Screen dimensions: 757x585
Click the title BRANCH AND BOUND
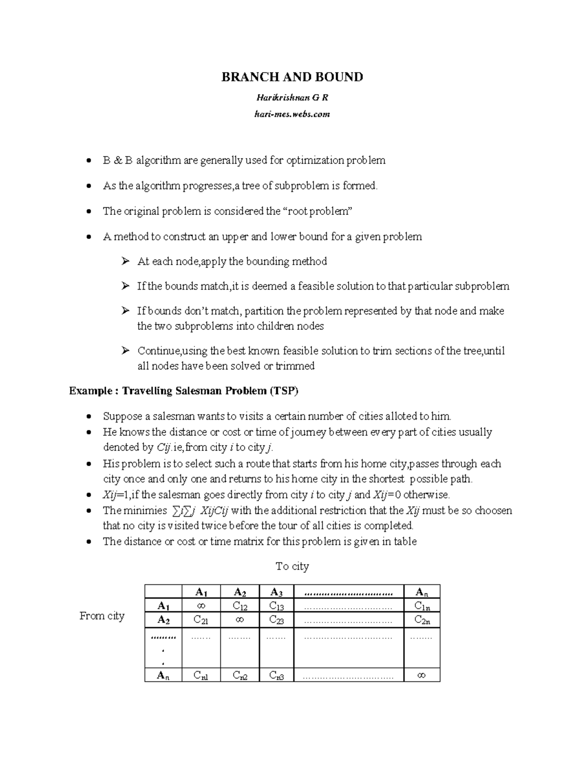(292, 77)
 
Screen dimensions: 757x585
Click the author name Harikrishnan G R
(292, 97)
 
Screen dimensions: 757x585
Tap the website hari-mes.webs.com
(292, 114)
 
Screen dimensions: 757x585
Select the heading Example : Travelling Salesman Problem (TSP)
(183, 391)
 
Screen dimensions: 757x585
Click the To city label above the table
(292, 566)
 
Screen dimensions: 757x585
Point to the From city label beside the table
(102, 616)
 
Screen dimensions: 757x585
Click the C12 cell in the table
(240, 606)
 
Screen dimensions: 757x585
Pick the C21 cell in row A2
(201, 620)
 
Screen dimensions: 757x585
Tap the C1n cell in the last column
(422, 606)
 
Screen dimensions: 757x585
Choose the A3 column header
(276, 592)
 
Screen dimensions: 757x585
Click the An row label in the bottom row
(163, 676)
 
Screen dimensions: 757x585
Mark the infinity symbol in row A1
(201, 606)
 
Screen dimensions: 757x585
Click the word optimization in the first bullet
(315, 161)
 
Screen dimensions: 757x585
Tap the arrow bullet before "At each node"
(126, 262)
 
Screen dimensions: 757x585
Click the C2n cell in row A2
(422, 620)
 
